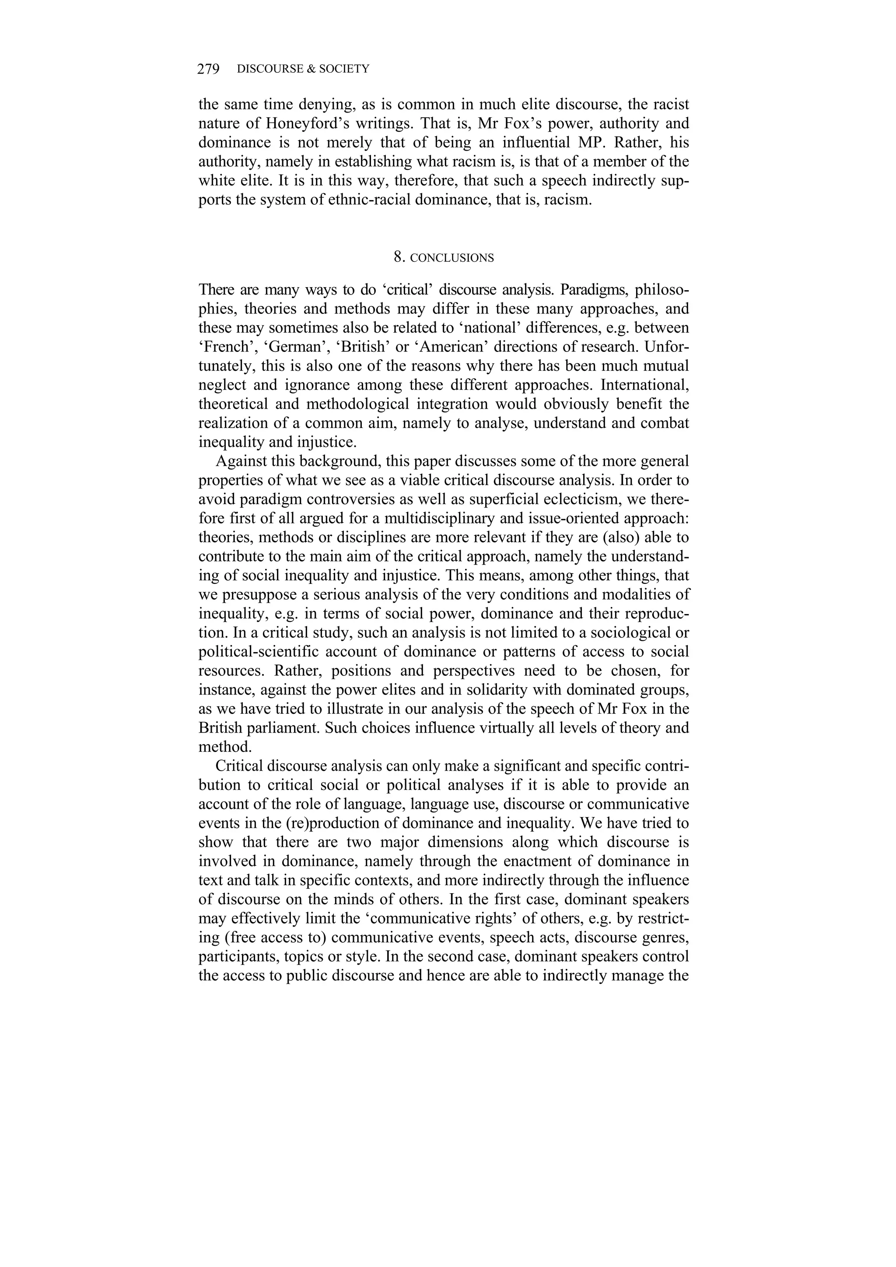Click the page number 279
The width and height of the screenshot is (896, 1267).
coord(209,69)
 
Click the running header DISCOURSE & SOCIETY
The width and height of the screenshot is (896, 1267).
coord(303,69)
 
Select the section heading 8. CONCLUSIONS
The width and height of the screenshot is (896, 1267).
coord(444,258)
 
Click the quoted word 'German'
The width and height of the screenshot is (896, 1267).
coord(298,347)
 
